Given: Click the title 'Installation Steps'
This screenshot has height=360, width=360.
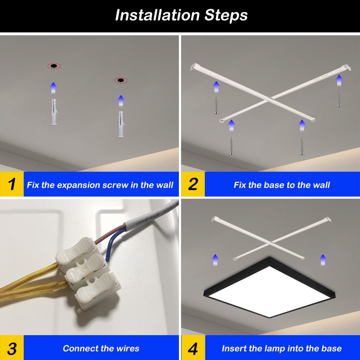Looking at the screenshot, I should coord(181,15).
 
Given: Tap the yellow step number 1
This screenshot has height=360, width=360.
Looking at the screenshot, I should coord(12,184).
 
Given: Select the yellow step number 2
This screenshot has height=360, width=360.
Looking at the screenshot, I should coord(193,184).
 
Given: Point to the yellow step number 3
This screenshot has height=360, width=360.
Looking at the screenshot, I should coord(12,348).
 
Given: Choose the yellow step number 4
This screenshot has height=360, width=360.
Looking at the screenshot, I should coord(193,348).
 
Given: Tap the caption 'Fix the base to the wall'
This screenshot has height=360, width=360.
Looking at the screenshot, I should coord(282,185).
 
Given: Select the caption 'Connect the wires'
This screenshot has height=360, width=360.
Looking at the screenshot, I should coord(101,348).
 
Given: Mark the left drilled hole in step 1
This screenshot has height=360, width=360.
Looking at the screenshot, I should coord(54,66).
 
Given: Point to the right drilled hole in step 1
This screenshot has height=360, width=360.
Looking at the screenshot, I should coord(121,80).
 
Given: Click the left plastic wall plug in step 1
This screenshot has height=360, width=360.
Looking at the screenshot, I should coord(54,112).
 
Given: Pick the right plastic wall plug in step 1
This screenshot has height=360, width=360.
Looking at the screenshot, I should coord(121,124).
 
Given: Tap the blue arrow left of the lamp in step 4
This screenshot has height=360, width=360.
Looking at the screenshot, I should coord(215,260).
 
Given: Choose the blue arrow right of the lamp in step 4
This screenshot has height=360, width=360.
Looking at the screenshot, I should coord(323,260).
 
